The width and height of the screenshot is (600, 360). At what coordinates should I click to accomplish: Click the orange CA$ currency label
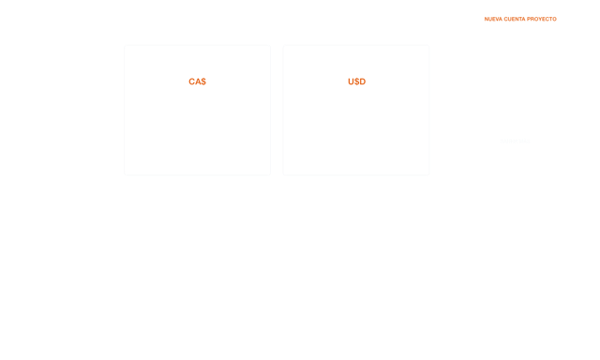(x=197, y=82)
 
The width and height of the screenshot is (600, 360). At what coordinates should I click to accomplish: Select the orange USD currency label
(x=356, y=82)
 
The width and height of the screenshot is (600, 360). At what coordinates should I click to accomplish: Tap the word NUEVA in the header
(x=493, y=19)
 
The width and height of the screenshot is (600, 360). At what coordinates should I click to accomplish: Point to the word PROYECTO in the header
(x=543, y=19)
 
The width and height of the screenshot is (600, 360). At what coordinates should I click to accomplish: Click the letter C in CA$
(x=192, y=82)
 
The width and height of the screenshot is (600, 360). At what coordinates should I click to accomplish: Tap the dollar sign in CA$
(x=203, y=82)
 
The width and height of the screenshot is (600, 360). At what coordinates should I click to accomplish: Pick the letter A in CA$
(x=198, y=82)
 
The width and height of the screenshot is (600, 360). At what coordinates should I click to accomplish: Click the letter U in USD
(x=351, y=82)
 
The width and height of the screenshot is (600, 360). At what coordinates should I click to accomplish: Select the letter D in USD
(x=362, y=82)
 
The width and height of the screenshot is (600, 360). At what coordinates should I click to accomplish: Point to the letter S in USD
(x=356, y=82)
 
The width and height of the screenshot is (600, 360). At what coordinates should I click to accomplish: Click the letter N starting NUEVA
(x=486, y=19)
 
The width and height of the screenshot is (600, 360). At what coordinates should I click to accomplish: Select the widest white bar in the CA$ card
(x=214, y=125)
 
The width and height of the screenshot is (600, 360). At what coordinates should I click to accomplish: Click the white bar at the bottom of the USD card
(x=358, y=166)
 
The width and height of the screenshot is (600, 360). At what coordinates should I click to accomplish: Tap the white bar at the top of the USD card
(x=356, y=52)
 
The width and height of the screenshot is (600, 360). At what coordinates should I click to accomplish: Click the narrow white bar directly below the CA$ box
(x=226, y=109)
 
